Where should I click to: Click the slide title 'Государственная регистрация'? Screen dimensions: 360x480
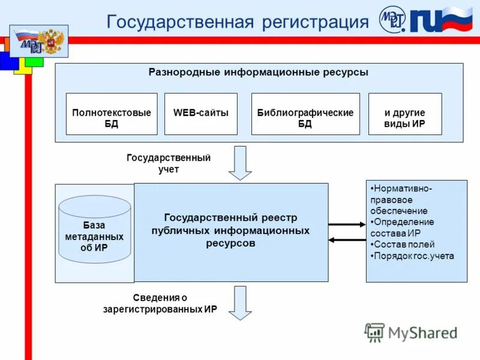[x=237, y=22]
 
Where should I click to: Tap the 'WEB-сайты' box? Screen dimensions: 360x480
[x=201, y=113]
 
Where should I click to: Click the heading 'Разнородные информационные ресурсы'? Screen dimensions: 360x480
[x=259, y=73]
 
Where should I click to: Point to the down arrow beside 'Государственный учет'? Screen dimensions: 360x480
[x=241, y=162]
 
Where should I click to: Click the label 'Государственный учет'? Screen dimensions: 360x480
[x=169, y=163]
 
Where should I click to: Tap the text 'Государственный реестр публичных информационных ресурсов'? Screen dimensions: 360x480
[x=231, y=230]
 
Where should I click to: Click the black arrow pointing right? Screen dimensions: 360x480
[x=347, y=224]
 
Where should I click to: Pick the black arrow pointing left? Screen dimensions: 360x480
[x=347, y=240]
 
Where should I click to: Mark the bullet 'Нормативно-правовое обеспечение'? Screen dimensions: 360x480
[x=402, y=200]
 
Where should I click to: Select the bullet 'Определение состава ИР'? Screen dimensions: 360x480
[x=402, y=227]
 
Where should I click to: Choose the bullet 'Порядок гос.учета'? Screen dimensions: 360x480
[x=413, y=256]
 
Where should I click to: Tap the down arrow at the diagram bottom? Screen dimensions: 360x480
[x=241, y=302]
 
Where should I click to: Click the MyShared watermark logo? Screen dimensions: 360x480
[x=411, y=333]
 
